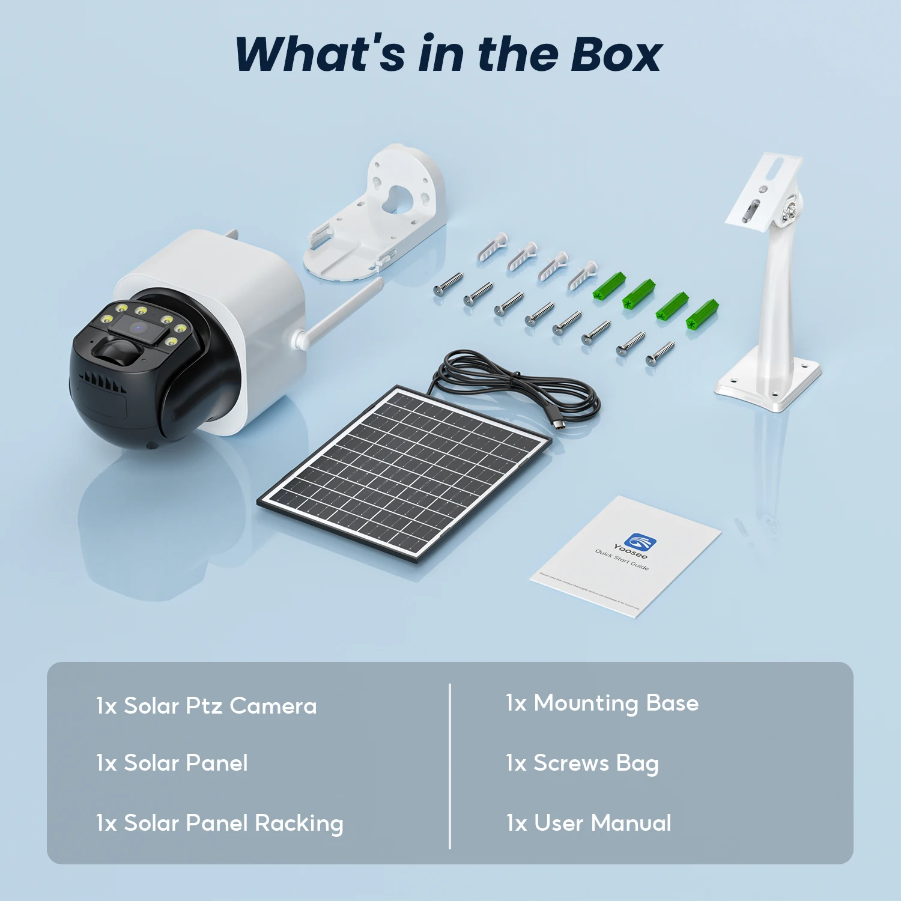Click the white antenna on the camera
tap(339, 314)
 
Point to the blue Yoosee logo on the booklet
tap(640, 541)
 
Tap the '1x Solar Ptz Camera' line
tap(206, 706)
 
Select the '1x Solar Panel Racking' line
tap(219, 823)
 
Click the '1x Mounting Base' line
tap(602, 703)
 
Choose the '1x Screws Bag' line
tap(581, 763)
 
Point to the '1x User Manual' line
tap(588, 823)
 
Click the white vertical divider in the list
tap(450, 766)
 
